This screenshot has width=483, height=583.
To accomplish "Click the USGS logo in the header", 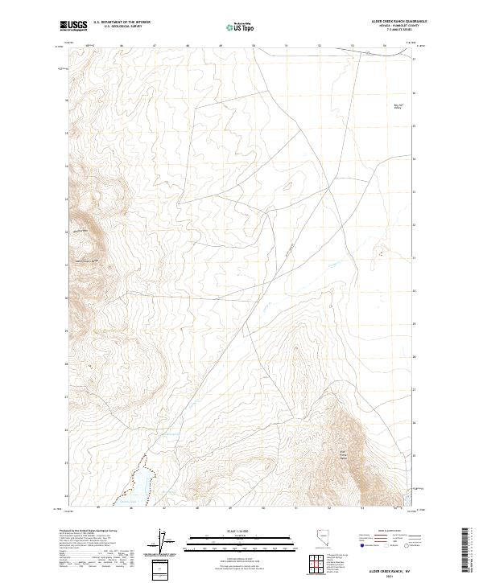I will (x=74, y=26).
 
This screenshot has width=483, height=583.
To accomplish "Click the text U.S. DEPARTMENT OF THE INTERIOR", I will (x=122, y=23).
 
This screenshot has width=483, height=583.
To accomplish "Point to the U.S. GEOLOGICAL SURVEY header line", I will (x=122, y=27).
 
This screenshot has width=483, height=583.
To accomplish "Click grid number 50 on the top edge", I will (x=254, y=47).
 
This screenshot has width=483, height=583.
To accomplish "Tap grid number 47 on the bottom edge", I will (x=164, y=508).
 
